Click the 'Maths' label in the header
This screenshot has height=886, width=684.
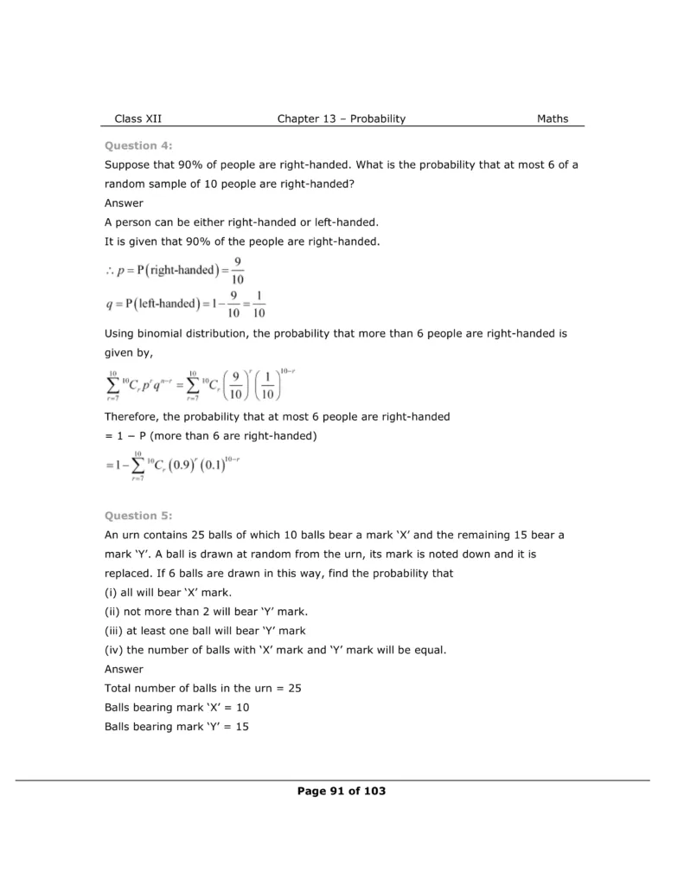coord(553,119)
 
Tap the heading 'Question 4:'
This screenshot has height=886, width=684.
coord(132,145)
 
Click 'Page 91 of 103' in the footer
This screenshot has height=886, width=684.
coord(341,791)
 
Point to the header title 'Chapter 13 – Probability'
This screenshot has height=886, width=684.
coord(341,119)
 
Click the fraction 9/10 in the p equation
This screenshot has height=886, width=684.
coord(237,270)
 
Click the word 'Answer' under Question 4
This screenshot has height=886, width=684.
coord(123,203)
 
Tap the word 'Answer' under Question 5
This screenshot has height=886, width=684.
coord(123,669)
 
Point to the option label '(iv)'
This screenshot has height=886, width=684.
coord(113,650)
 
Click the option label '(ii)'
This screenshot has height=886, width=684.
coord(112,612)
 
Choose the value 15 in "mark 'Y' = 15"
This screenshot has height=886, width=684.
coord(241,728)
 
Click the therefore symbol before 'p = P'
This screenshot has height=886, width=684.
coord(109,270)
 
